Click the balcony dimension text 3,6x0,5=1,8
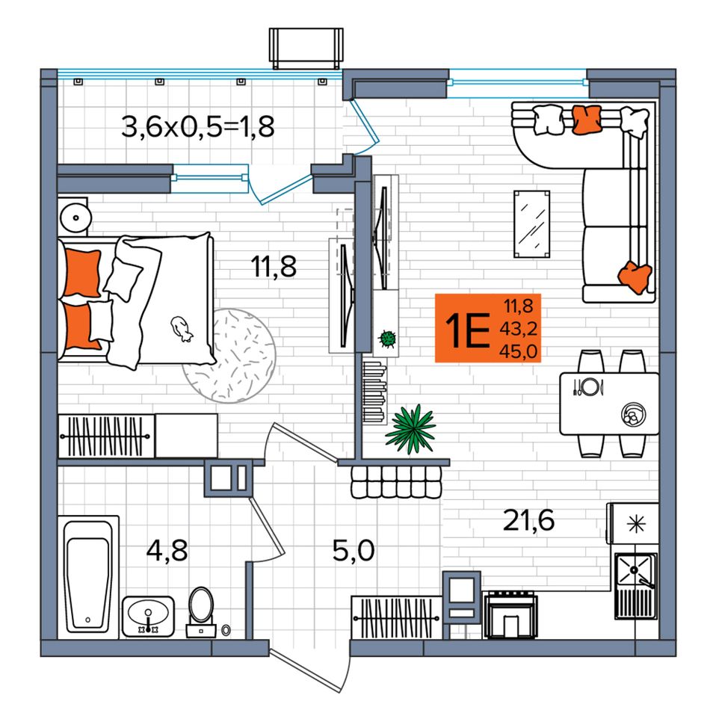(198, 127)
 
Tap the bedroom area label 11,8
(274, 266)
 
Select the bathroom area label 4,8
(167, 551)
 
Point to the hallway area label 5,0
(354, 551)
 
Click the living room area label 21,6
(528, 520)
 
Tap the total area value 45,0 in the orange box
(519, 351)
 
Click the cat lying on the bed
(181, 328)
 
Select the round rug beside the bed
(229, 356)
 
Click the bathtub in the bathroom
(88, 576)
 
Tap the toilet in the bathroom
(201, 612)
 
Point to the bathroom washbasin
(148, 616)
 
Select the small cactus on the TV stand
(387, 339)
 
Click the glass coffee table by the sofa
(531, 224)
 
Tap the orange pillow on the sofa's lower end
(635, 277)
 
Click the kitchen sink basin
(635, 569)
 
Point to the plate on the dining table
(589, 386)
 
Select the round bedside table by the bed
(75, 217)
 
